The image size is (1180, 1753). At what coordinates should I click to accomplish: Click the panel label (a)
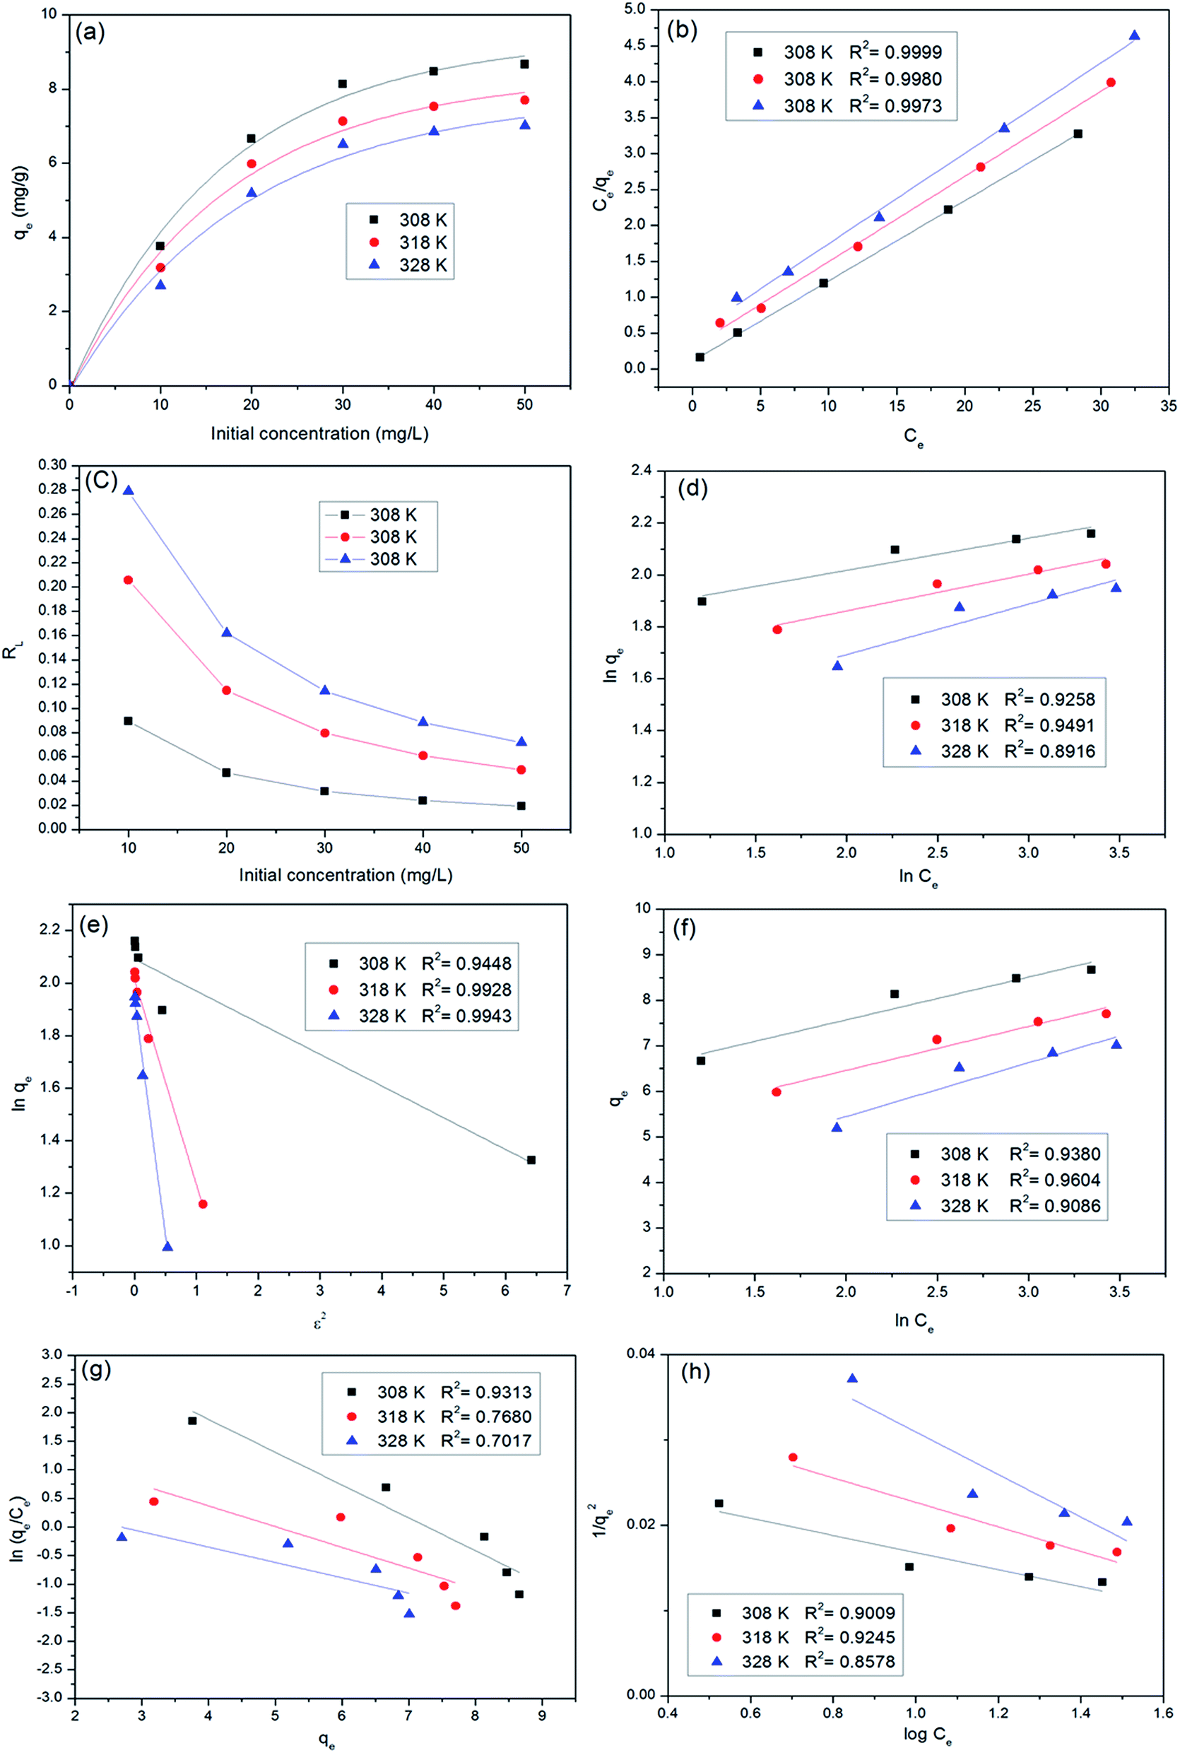[90, 33]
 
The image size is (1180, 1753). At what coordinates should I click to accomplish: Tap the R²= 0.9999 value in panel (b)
[895, 52]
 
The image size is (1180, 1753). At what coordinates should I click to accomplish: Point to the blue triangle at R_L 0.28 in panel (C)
[128, 490]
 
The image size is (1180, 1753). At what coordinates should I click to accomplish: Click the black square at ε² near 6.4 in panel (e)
[531, 1160]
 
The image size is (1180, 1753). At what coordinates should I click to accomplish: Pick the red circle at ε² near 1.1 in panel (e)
[202, 1204]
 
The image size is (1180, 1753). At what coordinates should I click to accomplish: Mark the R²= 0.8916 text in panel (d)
[1050, 751]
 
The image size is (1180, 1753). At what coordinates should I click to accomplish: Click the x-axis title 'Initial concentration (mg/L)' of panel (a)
[319, 433]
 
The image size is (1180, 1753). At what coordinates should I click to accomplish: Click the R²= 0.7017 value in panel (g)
[485, 1440]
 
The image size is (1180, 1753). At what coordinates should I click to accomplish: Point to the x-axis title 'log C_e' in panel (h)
[927, 1733]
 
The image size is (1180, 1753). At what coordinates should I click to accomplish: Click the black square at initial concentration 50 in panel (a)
[524, 64]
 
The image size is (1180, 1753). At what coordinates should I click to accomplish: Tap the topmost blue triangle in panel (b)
[1134, 35]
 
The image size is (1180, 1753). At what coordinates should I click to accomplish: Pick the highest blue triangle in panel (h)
[852, 1378]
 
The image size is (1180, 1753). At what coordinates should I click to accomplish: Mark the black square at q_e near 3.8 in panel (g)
[192, 1420]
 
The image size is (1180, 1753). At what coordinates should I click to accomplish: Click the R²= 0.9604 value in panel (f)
[1055, 1180]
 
